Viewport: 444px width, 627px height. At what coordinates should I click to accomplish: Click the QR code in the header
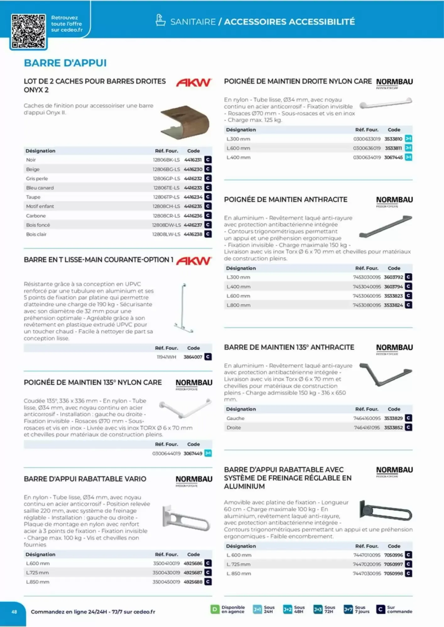pos(28,31)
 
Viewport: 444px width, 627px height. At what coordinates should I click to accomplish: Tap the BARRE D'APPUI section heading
pos(65,63)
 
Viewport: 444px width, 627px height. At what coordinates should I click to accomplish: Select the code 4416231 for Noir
pos(193,160)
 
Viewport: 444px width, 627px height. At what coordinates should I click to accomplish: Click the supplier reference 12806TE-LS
pos(166,188)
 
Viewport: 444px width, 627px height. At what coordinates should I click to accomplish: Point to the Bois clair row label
pos(36,234)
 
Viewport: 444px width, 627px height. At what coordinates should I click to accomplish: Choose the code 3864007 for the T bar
pos(193,357)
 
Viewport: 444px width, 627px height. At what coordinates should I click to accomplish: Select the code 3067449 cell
pos(193,453)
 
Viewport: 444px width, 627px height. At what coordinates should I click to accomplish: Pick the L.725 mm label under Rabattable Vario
pos(37,573)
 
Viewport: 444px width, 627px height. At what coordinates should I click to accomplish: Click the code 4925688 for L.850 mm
pos(193,582)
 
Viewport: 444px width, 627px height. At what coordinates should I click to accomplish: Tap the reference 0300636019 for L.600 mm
pos(366,148)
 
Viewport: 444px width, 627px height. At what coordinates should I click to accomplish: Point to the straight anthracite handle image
pos(386,226)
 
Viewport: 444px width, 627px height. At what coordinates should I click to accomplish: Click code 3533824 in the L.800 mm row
pos(393,305)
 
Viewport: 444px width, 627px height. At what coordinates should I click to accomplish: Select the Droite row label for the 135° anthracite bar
pos(234,428)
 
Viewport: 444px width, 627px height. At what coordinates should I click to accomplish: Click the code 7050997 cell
pos(393,564)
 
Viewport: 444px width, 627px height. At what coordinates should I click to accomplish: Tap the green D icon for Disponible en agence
pos(215,609)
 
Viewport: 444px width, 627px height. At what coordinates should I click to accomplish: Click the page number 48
pos(14,612)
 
